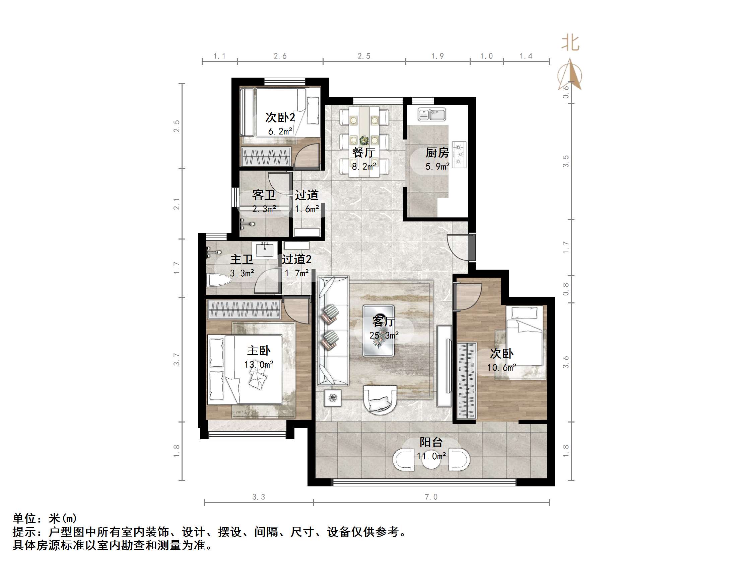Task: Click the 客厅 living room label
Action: tap(383, 321)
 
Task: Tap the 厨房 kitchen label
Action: tap(437, 153)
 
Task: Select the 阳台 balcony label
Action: tap(431, 442)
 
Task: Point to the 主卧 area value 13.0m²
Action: tap(259, 364)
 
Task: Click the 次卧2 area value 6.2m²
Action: tap(280, 131)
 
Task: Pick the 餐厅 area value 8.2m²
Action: tap(364, 167)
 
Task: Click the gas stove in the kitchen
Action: tap(459, 155)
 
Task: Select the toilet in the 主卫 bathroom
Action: tap(218, 280)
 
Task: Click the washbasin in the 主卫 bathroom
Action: tap(265, 251)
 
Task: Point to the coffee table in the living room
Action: tap(378, 331)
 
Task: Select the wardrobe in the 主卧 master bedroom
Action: tap(244, 309)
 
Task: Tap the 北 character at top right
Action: tap(570, 43)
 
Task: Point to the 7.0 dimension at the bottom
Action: tap(431, 497)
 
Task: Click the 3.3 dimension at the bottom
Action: tap(258, 497)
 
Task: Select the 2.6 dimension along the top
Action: tap(280, 56)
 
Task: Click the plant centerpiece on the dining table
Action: tap(364, 140)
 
